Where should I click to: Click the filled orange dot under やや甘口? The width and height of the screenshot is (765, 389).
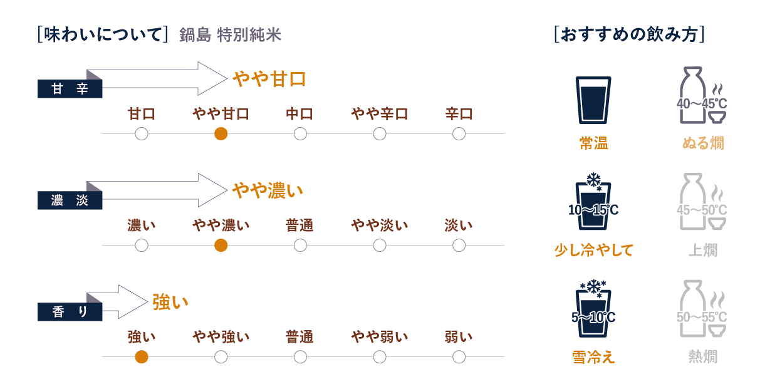pyautogui.click(x=221, y=133)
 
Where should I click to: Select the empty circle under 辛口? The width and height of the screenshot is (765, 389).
pyautogui.click(x=459, y=133)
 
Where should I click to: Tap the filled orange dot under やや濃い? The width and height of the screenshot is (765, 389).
pyautogui.click(x=221, y=246)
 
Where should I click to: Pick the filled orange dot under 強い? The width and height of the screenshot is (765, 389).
pyautogui.click(x=142, y=357)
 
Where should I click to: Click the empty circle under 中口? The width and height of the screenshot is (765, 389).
pyautogui.click(x=300, y=133)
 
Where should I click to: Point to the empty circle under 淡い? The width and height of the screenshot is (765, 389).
pyautogui.click(x=459, y=246)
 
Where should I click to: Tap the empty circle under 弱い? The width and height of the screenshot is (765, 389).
pyautogui.click(x=459, y=357)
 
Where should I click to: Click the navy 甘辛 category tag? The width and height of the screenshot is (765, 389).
pyautogui.click(x=70, y=89)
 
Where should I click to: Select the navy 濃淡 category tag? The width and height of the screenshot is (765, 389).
pyautogui.click(x=70, y=200)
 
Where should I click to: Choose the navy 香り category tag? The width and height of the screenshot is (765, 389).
pyautogui.click(x=70, y=311)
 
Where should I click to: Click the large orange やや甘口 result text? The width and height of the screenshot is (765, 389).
pyautogui.click(x=269, y=79)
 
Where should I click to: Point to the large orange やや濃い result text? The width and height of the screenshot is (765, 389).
pyautogui.click(x=268, y=190)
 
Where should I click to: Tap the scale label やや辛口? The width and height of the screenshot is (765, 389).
pyautogui.click(x=379, y=114)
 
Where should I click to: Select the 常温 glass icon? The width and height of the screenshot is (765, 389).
pyautogui.click(x=593, y=100)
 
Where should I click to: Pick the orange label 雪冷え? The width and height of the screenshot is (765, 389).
pyautogui.click(x=593, y=356)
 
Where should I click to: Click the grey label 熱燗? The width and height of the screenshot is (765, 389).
pyautogui.click(x=702, y=356)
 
